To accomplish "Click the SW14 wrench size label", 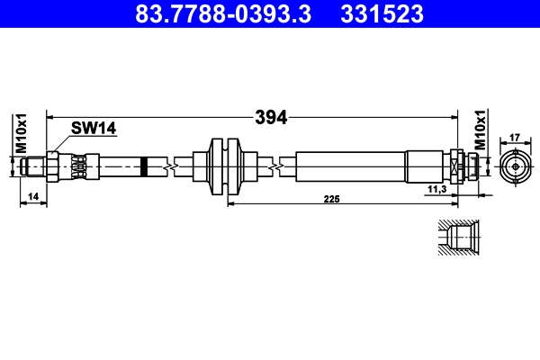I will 95,130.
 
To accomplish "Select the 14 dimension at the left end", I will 33,195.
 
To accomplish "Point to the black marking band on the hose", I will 143,167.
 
